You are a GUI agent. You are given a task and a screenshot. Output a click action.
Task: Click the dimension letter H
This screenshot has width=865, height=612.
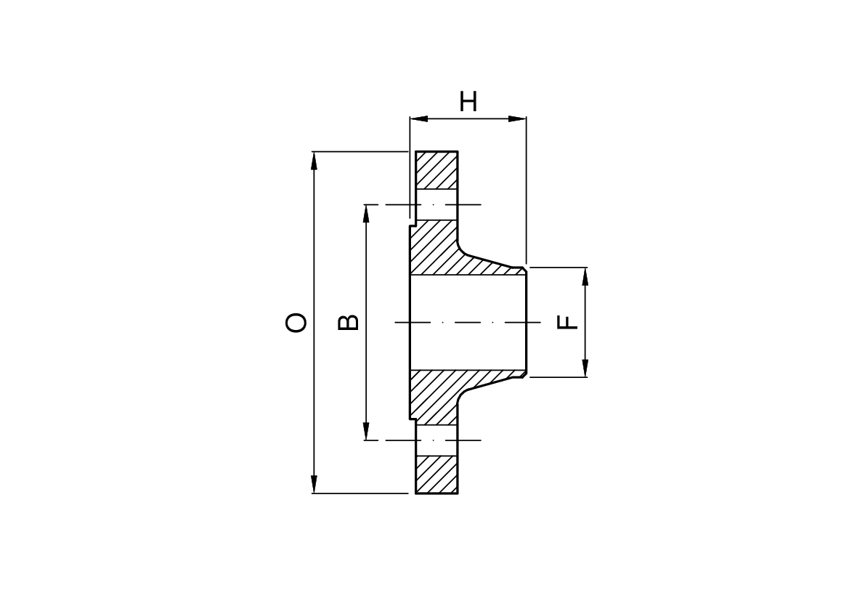coord(468,102)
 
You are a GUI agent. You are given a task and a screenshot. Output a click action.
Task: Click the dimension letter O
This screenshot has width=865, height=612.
coord(296,323)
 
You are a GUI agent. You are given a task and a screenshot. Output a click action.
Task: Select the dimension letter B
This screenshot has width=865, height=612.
coord(349,322)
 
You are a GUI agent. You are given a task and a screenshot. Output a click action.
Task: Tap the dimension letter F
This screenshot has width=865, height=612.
coord(568,322)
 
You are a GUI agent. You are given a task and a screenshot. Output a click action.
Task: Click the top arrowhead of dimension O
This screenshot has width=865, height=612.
coord(314,161)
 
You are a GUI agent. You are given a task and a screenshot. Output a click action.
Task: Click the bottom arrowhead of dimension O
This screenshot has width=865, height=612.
coord(314,484)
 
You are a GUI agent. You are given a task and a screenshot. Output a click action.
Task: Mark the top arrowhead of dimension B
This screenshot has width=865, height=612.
coord(367,214)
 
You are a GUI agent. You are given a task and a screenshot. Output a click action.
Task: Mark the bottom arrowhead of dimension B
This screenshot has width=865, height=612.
coord(367,431)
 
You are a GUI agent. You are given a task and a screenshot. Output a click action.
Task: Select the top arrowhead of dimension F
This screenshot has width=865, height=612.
coord(585,276)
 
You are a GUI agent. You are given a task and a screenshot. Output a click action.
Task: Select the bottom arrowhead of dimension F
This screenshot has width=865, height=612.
coord(585,369)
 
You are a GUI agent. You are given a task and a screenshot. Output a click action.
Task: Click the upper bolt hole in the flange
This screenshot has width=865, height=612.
coord(436,204)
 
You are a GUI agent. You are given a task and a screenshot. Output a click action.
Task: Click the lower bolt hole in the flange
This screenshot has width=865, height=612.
coord(436,440)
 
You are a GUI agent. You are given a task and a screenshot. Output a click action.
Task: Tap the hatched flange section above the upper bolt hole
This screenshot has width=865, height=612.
coord(436,170)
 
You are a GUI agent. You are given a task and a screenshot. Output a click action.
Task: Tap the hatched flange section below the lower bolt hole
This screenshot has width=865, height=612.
coord(436,474)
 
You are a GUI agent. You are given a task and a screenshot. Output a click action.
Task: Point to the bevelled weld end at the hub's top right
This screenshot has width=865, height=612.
coord(521,269)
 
